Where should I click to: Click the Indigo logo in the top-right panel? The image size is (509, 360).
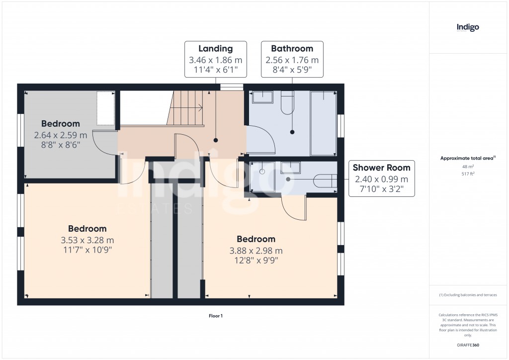tap(468, 27)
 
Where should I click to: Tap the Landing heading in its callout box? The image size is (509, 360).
tap(215, 49)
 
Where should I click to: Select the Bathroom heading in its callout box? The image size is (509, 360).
tap(292, 49)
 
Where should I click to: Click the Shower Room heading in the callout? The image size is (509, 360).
tap(382, 168)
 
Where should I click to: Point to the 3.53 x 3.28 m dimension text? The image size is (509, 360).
tap(87, 240)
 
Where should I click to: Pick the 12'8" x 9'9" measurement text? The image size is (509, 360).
tap(255, 260)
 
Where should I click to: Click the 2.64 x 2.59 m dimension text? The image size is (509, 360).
tap(60, 135)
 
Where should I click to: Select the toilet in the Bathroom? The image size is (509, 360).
tap(287, 103)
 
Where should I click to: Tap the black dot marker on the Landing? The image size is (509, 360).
tap(216, 140)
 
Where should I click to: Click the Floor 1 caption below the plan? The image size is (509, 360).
tap(215, 316)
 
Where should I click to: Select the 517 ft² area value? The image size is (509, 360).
tap(468, 174)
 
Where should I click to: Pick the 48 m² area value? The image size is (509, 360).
tap(468, 167)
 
